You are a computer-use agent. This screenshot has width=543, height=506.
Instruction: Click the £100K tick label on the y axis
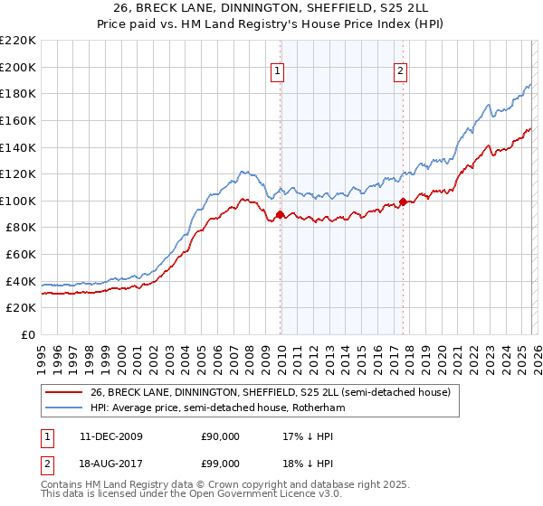[18, 201]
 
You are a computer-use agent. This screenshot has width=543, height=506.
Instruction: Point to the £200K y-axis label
[18, 67]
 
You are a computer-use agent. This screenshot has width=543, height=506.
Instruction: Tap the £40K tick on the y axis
[21, 281]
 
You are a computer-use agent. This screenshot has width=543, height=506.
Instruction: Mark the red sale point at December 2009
[280, 214]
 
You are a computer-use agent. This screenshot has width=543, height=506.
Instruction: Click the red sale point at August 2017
[403, 202]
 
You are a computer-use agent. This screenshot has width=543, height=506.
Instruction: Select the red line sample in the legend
[64, 392]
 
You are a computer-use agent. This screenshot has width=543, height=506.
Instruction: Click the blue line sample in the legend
[64, 408]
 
